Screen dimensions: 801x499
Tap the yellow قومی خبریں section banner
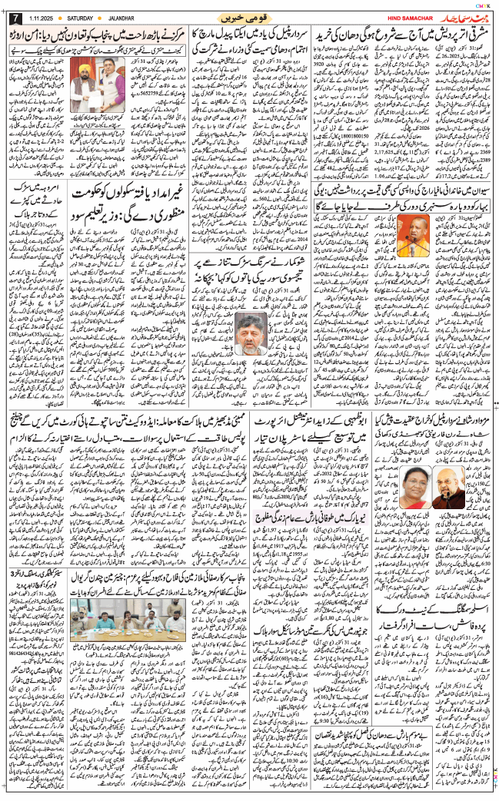click(249, 16)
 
